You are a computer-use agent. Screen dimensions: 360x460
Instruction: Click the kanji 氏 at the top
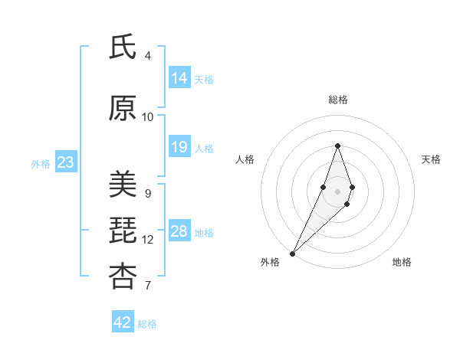pyautogui.click(x=123, y=48)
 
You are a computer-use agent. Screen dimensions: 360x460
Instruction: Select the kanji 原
pyautogui.click(x=123, y=109)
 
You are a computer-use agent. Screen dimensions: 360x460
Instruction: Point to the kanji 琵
pyautogui.click(x=123, y=231)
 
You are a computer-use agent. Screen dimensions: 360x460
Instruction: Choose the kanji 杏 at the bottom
pyautogui.click(x=123, y=277)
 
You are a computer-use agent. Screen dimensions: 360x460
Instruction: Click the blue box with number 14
pyautogui.click(x=179, y=78)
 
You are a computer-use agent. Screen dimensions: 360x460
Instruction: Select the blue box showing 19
pyautogui.click(x=179, y=147)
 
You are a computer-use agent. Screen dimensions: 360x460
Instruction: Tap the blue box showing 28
pyautogui.click(x=179, y=231)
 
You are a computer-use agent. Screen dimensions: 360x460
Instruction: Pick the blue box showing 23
pyautogui.click(x=65, y=162)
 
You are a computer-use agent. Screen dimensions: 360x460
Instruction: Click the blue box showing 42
pyautogui.click(x=123, y=322)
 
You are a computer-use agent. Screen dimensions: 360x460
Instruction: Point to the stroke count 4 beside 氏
pyautogui.click(x=148, y=56)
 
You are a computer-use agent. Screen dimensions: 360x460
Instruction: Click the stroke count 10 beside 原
pyautogui.click(x=148, y=117)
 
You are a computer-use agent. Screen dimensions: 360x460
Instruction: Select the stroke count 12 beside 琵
pyautogui.click(x=148, y=240)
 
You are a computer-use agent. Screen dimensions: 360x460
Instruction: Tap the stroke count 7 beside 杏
pyautogui.click(x=148, y=286)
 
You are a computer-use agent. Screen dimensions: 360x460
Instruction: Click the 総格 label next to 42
pyautogui.click(x=148, y=324)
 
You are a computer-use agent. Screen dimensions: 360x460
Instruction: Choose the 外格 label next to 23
pyautogui.click(x=41, y=163)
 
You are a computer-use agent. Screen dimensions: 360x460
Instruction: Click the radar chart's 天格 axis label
pyautogui.click(x=431, y=159)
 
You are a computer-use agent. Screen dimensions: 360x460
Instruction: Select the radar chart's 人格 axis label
pyautogui.click(x=245, y=159)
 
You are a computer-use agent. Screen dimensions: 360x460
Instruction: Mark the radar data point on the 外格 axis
pyautogui.click(x=292, y=253)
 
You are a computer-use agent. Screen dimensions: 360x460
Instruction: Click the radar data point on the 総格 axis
pyautogui.click(x=337, y=146)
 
